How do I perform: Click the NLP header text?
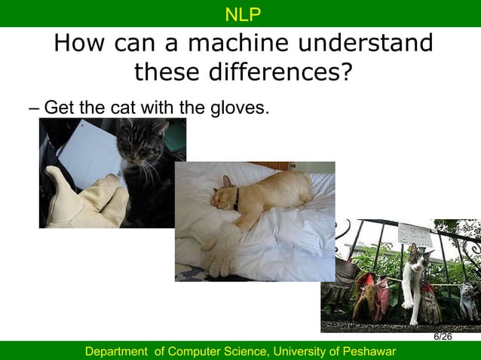click(241, 14)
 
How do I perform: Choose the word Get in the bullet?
click(59, 108)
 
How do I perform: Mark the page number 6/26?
click(443, 336)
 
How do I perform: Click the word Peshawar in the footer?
click(369, 352)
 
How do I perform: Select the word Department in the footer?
click(116, 352)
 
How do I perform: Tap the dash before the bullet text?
click(34, 108)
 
